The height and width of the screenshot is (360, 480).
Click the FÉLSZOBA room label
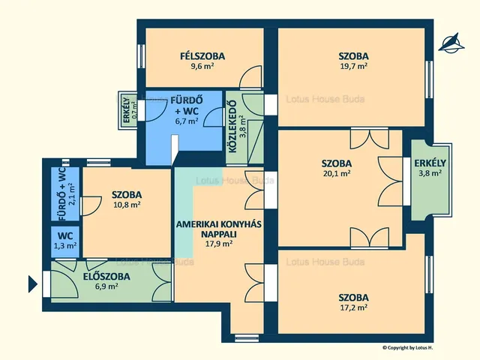[202, 56]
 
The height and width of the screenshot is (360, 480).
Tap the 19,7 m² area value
[353, 66]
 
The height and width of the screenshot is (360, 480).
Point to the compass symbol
[451, 43]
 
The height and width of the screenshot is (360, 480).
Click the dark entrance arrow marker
[33, 284]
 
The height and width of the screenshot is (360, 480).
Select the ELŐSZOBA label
[106, 277]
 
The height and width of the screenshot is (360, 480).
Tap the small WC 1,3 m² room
[65, 241]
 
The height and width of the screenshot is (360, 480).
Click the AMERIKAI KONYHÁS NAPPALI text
[218, 229]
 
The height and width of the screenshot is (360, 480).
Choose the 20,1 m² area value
[337, 173]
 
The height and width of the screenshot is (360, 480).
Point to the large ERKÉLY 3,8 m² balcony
[431, 180]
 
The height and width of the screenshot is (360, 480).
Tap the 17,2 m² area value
[353, 307]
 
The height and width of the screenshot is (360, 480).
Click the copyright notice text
[408, 347]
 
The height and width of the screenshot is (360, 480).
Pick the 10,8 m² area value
[127, 205]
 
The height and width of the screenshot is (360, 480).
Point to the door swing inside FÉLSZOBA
[250, 76]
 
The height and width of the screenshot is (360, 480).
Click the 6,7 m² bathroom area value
[187, 121]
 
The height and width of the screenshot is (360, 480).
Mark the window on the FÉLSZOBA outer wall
[141, 56]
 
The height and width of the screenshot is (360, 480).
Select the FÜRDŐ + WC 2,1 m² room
[65, 194]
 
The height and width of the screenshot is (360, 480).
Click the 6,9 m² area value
[106, 286]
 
